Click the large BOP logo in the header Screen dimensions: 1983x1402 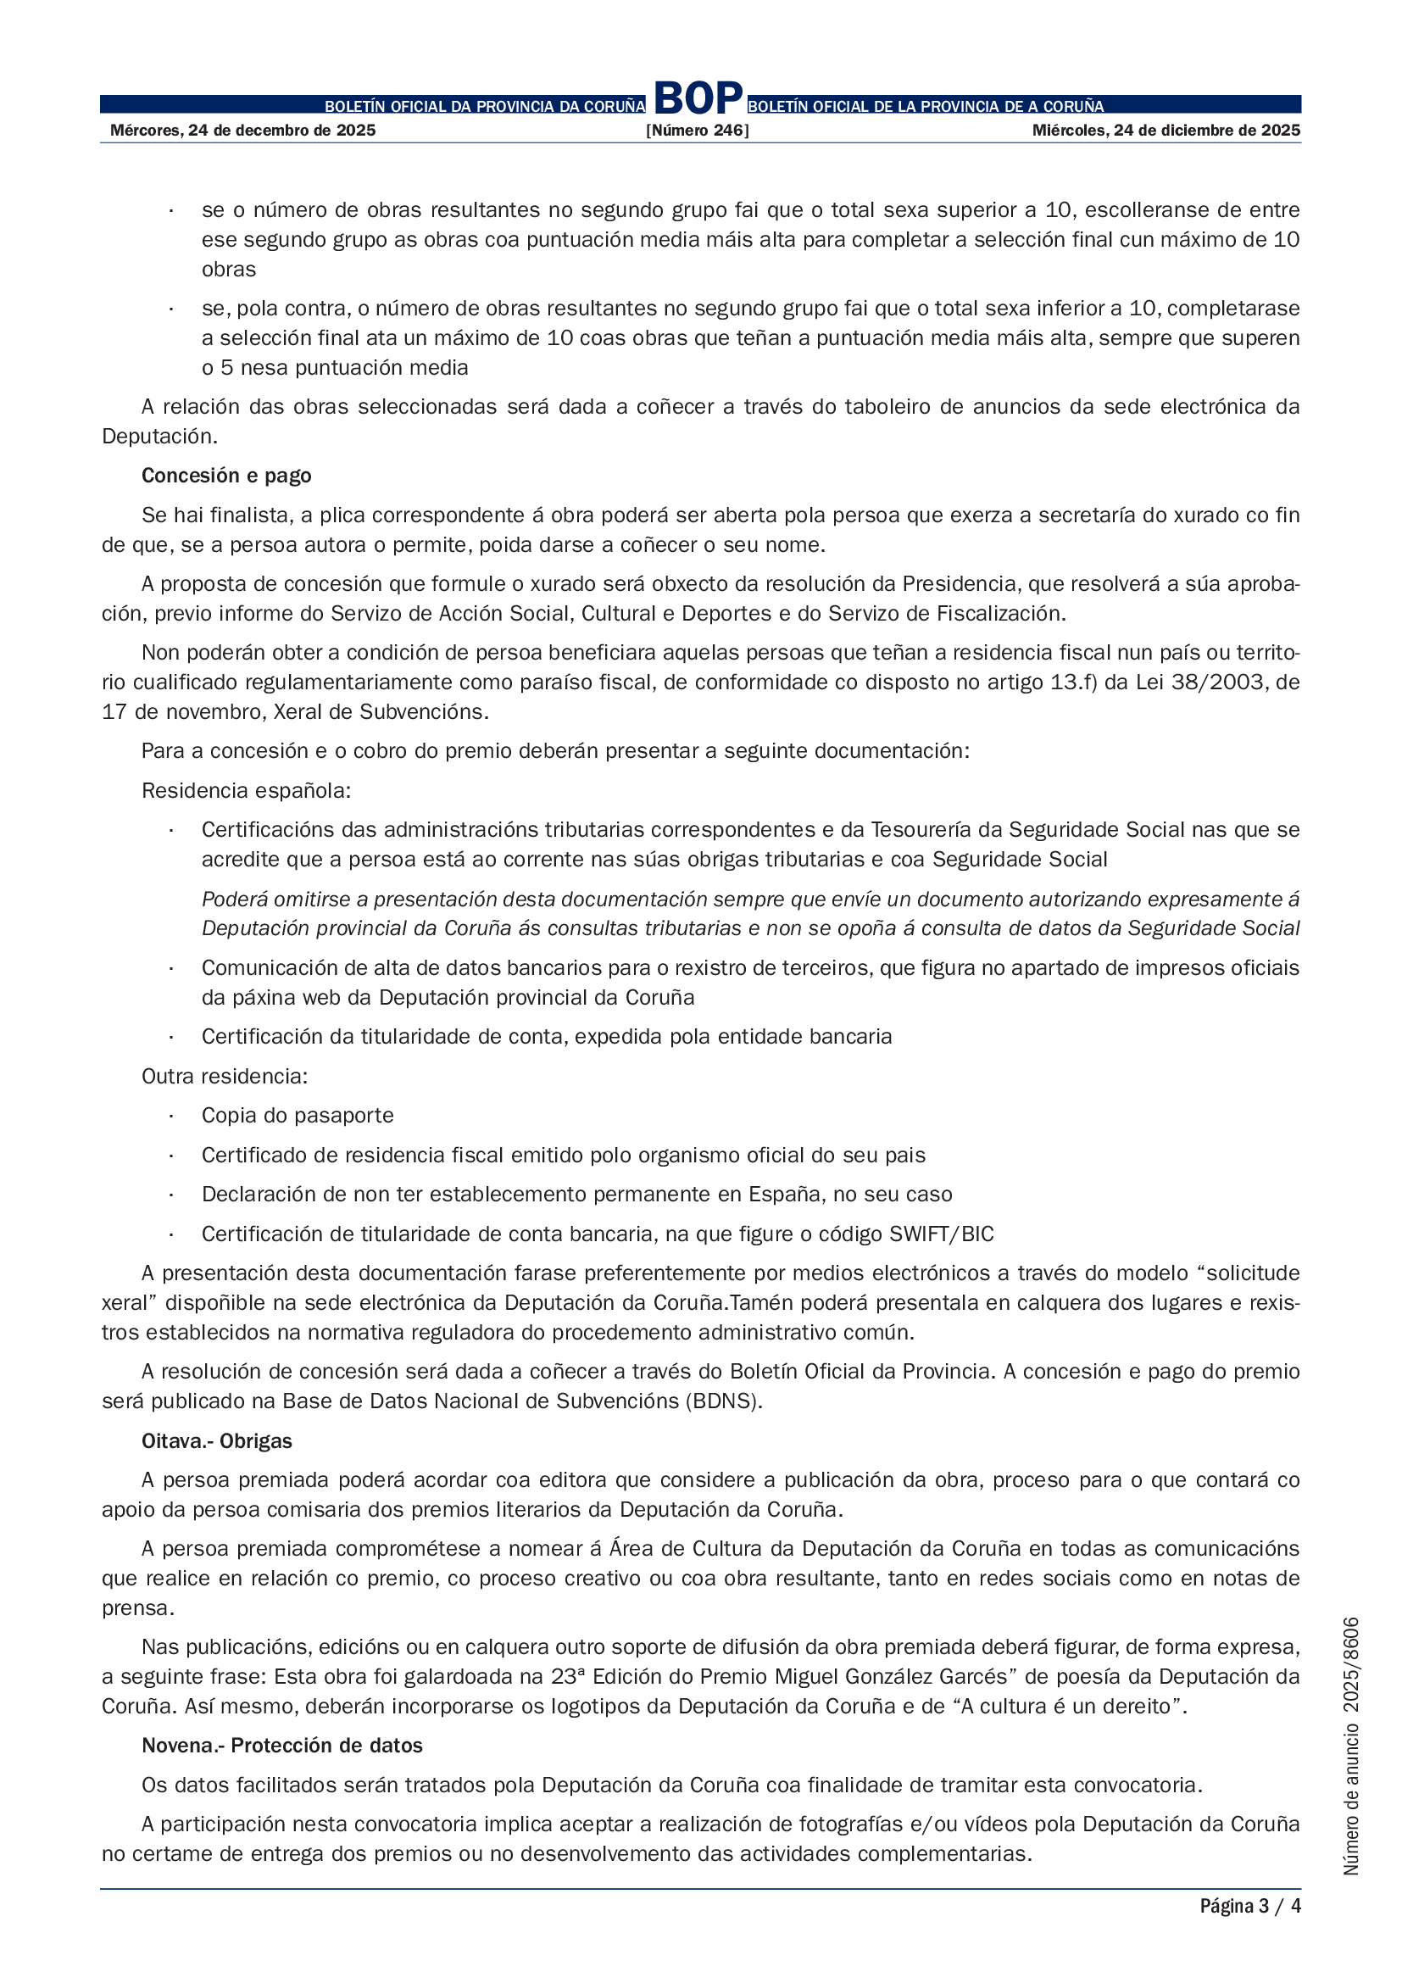tap(698, 97)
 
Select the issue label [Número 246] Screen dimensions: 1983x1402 tap(698, 131)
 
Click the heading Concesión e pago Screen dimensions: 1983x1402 tap(226, 476)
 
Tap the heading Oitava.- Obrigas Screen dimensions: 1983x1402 tap(217, 1441)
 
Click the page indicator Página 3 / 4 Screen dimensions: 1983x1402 tap(1249, 1906)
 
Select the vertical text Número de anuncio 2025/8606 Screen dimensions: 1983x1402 tap(1351, 1746)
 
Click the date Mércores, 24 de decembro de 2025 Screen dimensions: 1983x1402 tap(242, 131)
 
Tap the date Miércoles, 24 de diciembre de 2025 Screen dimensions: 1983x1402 tap(1166, 131)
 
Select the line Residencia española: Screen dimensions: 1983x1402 tap(246, 791)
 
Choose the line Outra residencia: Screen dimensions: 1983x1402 tap(225, 1077)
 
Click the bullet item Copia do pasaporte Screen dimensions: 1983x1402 tap(297, 1116)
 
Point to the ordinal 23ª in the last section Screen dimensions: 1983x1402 tap(570, 1677)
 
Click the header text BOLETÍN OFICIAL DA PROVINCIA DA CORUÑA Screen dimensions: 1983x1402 tap(484, 107)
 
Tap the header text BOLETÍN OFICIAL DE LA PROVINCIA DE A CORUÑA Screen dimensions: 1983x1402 tap(926, 107)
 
